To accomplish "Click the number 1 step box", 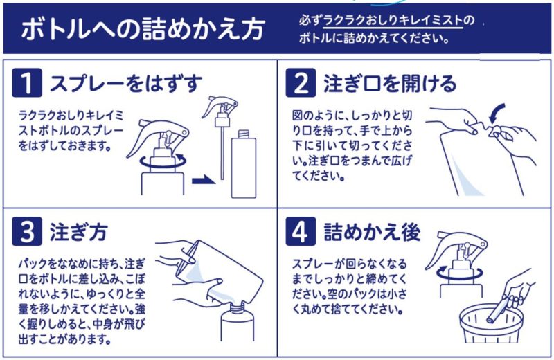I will pos(27,84).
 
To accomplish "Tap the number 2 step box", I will pos(301,84).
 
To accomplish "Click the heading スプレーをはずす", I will pos(125,84).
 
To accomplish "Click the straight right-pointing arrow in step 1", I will pos(203,181).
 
